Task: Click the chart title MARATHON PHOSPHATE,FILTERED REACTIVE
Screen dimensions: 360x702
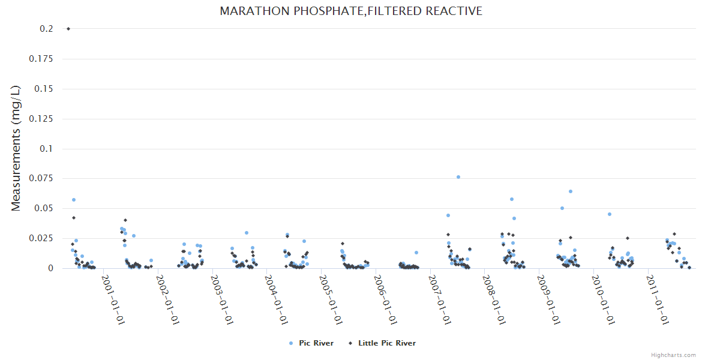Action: coord(351,11)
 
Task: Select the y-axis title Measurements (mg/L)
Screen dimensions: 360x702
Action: coord(16,148)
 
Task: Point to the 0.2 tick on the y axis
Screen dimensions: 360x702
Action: coord(46,29)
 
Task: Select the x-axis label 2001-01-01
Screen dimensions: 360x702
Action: coord(113,299)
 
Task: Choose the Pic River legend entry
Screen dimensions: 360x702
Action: coord(311,343)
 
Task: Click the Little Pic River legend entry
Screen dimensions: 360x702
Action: coord(382,343)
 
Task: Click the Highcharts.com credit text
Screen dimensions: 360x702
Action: coord(673,355)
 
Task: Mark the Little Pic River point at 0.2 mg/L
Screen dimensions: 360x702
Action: coord(68,29)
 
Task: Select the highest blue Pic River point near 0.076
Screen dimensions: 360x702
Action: coord(458,177)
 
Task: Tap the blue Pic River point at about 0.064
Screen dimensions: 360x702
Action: coord(571,191)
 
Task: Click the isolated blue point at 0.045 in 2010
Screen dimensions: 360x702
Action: coord(610,214)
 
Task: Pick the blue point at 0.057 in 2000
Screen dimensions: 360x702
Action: coord(74,200)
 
